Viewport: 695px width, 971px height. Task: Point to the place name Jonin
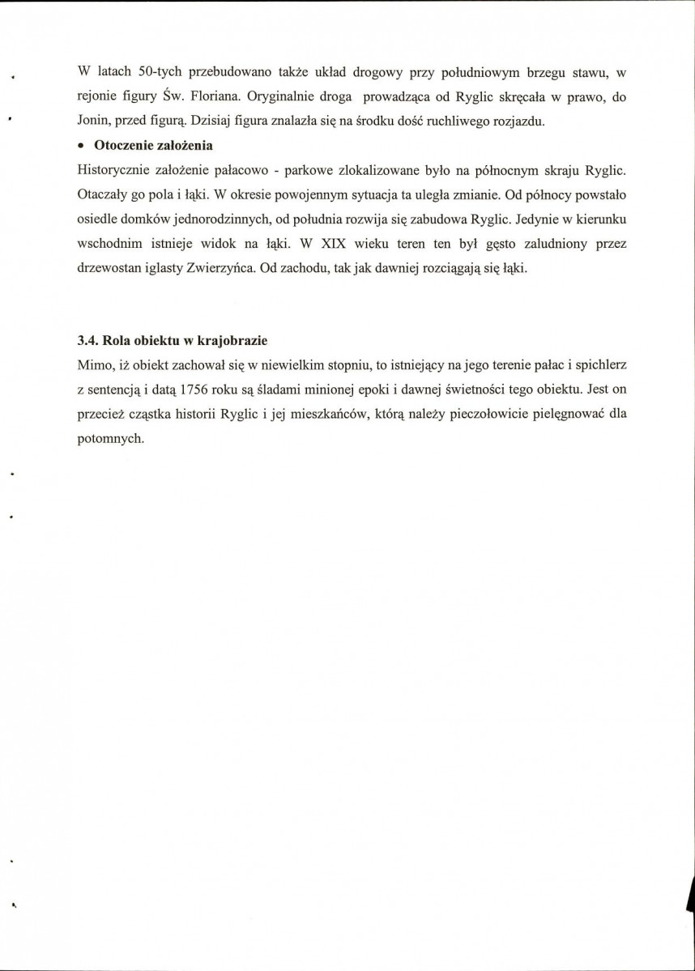(x=93, y=121)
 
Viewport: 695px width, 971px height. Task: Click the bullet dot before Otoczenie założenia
(x=81, y=147)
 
